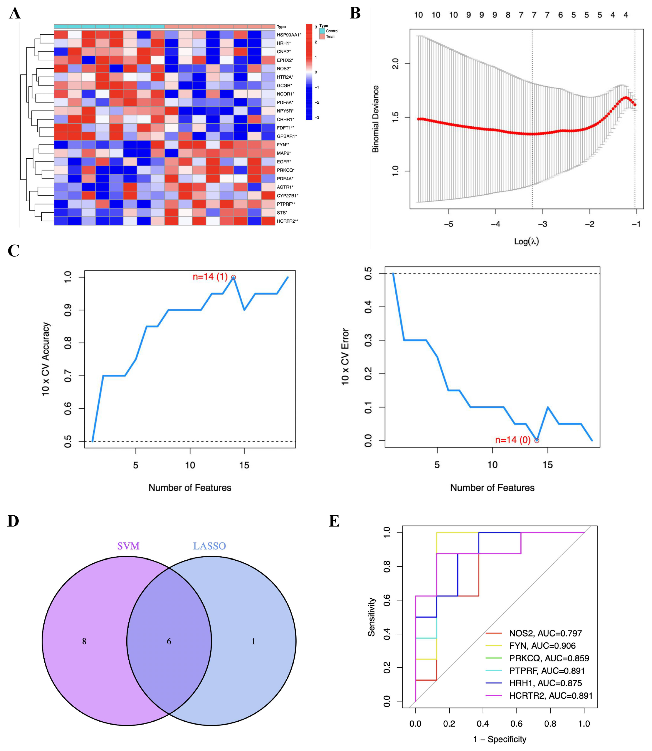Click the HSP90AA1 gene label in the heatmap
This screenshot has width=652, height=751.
pos(288,35)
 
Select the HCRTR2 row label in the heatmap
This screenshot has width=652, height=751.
pos(287,221)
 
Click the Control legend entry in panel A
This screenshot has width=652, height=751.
pos(332,31)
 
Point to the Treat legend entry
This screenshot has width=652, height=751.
pos(330,36)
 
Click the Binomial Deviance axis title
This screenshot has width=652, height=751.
pos(375,119)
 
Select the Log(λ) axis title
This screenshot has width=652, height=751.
pos(526,241)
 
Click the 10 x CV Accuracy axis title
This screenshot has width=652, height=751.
pos(45,359)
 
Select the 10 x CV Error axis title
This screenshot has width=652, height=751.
pos(345,357)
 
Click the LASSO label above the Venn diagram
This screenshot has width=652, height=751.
pos(209,546)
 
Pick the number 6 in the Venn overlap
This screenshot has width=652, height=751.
pos(169,642)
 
